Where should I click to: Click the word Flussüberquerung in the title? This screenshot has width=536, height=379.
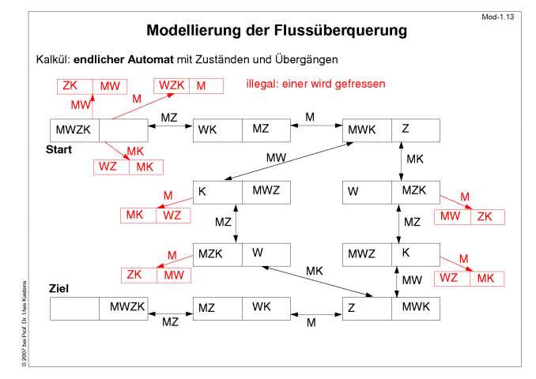(x=340, y=30)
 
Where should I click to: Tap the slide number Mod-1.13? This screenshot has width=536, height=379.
(x=497, y=17)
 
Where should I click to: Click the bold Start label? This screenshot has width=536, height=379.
(x=59, y=149)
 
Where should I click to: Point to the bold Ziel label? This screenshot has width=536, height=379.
(x=59, y=288)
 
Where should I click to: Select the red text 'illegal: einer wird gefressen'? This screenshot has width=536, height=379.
(x=315, y=84)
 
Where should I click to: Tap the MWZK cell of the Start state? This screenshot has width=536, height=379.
(x=74, y=130)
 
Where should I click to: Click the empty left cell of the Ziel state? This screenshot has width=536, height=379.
(x=74, y=309)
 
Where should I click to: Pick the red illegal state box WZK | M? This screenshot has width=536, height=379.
(x=188, y=86)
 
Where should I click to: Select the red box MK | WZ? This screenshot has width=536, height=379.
(x=155, y=216)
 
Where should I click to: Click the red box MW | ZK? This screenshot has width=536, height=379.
(x=470, y=217)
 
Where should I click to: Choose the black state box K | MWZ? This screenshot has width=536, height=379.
(x=242, y=193)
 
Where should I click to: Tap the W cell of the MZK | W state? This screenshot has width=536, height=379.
(x=266, y=255)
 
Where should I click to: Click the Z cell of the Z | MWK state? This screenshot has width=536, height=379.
(x=367, y=309)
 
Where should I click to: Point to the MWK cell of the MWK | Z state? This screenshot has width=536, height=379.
(x=367, y=130)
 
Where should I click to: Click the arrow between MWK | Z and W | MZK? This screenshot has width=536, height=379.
(x=401, y=162)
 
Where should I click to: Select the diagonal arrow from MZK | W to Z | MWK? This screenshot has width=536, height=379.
(x=317, y=282)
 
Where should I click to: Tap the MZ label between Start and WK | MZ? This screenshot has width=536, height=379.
(x=169, y=118)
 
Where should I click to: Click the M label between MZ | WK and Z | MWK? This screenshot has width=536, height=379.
(x=311, y=323)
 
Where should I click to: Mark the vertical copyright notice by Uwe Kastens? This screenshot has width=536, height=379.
(x=24, y=324)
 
